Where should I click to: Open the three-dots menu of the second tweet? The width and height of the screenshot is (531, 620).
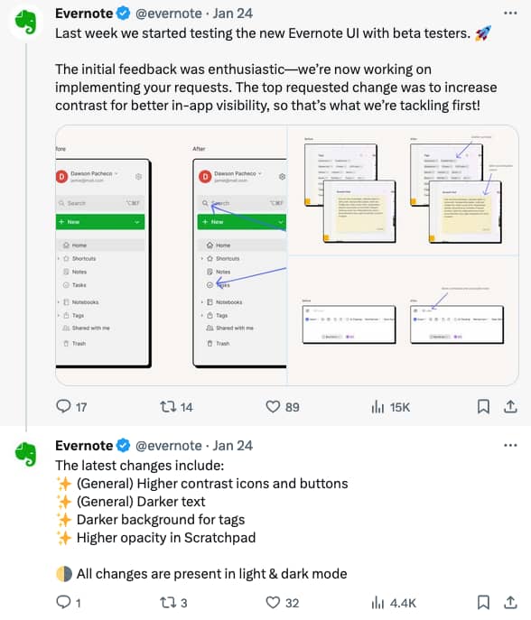510,445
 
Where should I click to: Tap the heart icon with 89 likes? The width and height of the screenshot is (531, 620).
273,407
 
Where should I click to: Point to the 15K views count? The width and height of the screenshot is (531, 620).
398,407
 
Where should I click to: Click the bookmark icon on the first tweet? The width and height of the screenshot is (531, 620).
484,407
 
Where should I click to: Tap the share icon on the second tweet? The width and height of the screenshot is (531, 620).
510,602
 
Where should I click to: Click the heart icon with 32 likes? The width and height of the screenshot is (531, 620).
273,602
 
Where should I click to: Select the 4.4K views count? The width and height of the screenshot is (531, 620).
401,602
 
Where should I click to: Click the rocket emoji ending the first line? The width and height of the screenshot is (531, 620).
481,32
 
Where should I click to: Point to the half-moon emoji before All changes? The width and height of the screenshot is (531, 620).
63,573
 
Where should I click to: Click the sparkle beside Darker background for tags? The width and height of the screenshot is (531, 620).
63,520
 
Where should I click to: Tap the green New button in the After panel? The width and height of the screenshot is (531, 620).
239,221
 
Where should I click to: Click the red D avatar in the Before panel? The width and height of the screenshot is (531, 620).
61,177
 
